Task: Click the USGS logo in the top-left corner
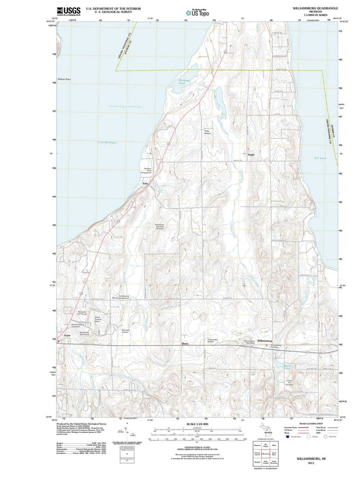[68, 11]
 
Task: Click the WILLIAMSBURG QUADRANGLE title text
[311, 8]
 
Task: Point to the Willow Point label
[64, 79]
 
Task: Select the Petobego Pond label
[184, 82]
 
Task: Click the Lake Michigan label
[107, 142]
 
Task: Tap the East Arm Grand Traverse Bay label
[125, 106]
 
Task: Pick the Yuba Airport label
[207, 132]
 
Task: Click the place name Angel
[251, 155]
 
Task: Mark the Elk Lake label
[320, 158]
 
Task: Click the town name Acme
[67, 335]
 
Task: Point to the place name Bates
[185, 343]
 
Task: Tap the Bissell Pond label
[287, 367]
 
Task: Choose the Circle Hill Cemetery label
[289, 383]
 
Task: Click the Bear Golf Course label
[125, 331]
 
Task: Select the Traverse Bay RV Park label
[212, 341]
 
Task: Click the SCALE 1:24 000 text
[200, 424]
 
